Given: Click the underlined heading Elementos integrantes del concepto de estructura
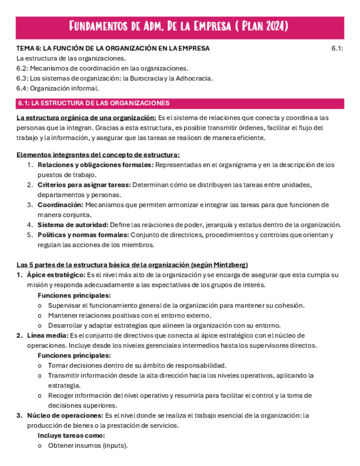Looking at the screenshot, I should point(98,155).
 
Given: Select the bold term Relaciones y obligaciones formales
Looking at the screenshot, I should point(95,165).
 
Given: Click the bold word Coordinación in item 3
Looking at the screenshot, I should point(60,204).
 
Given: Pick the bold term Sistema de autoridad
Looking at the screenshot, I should point(73,224).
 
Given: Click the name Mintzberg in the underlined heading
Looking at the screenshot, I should point(230,265).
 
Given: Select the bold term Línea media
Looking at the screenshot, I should point(47,335).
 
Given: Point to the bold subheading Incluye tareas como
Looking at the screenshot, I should point(71,435).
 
